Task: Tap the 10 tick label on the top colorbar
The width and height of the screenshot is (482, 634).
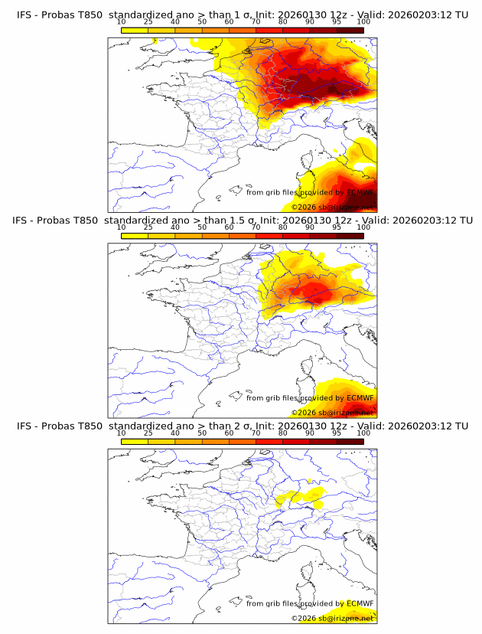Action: point(122,22)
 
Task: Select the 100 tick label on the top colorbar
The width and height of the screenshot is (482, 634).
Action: point(363,22)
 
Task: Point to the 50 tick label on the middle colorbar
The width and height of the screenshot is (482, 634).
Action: point(202,227)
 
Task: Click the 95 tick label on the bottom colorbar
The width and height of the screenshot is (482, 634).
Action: point(337,433)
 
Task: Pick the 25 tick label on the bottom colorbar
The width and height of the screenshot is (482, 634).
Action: point(148,433)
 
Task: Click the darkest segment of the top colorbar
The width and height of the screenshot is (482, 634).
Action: point(350,30)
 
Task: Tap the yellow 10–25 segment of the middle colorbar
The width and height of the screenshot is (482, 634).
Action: point(135,235)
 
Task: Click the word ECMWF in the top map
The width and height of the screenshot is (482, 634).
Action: point(360,193)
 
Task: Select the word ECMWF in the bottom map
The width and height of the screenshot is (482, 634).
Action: point(360,604)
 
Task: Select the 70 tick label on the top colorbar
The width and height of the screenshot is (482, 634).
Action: point(256,22)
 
